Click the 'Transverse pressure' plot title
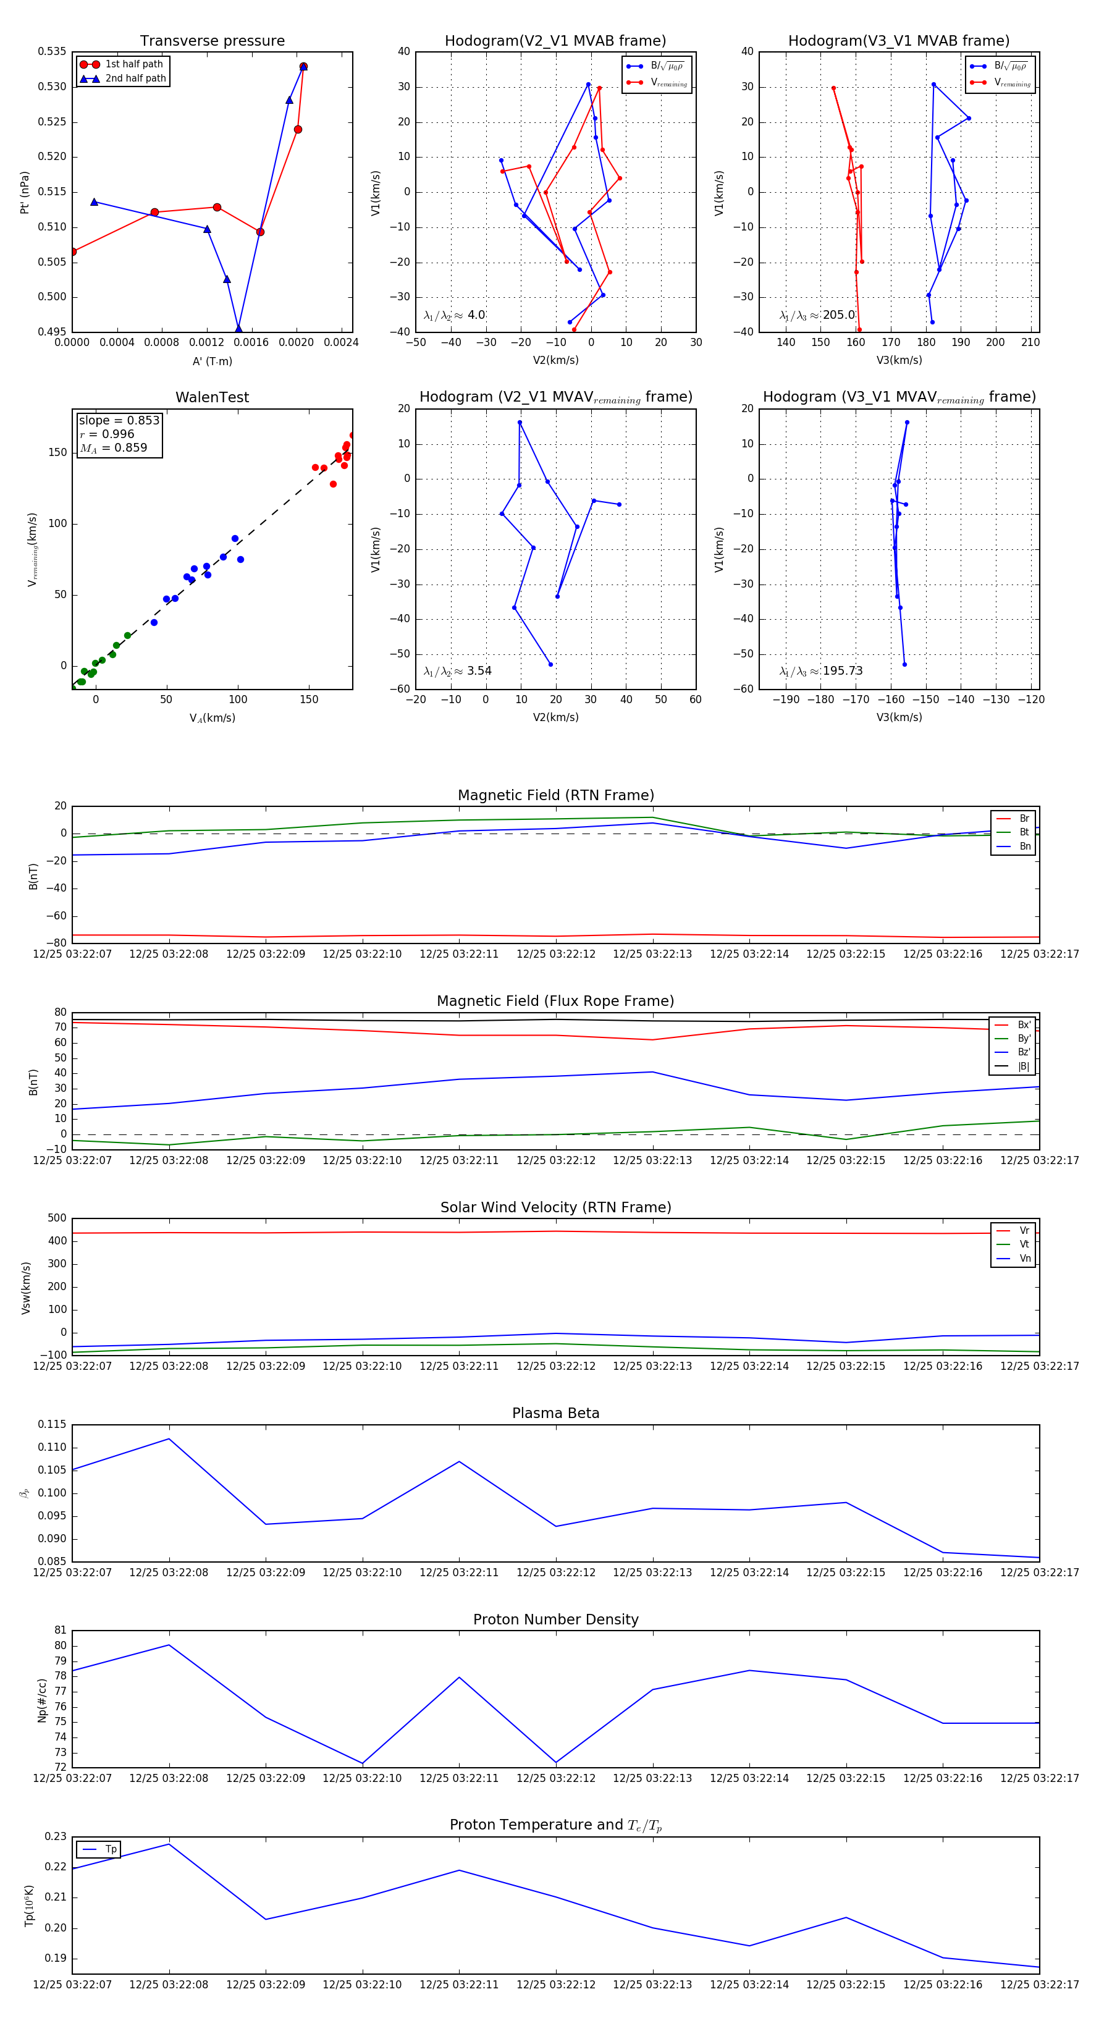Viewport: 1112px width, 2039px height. click(212, 41)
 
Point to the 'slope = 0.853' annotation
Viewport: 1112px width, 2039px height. click(119, 420)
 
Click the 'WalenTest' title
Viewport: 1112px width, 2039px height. click(212, 397)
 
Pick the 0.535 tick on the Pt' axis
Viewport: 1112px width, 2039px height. click(53, 51)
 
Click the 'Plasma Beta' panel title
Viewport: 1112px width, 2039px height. click(555, 1413)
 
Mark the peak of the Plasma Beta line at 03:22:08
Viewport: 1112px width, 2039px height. click(169, 1439)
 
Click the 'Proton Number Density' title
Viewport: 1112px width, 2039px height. click(555, 1619)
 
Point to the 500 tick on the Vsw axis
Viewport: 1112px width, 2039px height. click(57, 1218)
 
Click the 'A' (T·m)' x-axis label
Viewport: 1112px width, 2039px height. click(212, 361)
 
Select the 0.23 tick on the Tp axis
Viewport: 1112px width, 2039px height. click(56, 1836)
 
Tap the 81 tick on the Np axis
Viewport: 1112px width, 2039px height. click(60, 1631)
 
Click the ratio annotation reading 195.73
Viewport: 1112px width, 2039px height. click(821, 670)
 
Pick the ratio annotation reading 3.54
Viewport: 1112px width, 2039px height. click(457, 670)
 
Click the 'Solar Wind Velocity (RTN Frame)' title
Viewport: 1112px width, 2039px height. click(555, 1207)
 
